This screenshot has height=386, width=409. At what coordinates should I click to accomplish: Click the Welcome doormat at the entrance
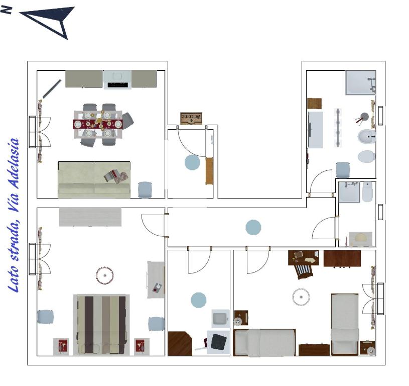[191, 118]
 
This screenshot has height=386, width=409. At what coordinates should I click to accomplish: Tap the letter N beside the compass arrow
[6, 10]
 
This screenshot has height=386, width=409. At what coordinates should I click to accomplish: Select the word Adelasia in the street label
[14, 163]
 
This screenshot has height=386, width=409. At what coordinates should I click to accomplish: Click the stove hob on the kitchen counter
[117, 79]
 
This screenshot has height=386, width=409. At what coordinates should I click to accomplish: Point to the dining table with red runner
[98, 124]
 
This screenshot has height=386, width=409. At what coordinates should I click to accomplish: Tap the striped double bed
[101, 325]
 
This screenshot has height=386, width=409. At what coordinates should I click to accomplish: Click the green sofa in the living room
[94, 179]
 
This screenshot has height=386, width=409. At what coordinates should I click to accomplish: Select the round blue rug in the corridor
[253, 227]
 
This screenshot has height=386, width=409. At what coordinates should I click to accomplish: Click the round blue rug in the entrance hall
[192, 162]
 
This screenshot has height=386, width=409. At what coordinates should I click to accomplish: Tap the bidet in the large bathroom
[366, 137]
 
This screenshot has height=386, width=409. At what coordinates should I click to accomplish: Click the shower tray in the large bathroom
[360, 82]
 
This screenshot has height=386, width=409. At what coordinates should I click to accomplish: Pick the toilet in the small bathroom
[367, 192]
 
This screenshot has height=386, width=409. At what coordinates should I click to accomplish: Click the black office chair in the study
[219, 342]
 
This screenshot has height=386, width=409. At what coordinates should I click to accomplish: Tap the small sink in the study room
[220, 319]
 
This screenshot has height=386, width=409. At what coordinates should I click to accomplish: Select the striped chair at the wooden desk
[304, 271]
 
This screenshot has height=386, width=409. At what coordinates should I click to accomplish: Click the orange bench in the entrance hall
[209, 171]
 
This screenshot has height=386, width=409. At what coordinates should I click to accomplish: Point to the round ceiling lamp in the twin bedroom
[301, 297]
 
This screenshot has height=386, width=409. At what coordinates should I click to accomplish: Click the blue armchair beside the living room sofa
[145, 189]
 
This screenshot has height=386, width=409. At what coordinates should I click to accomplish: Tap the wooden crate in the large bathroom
[314, 104]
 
